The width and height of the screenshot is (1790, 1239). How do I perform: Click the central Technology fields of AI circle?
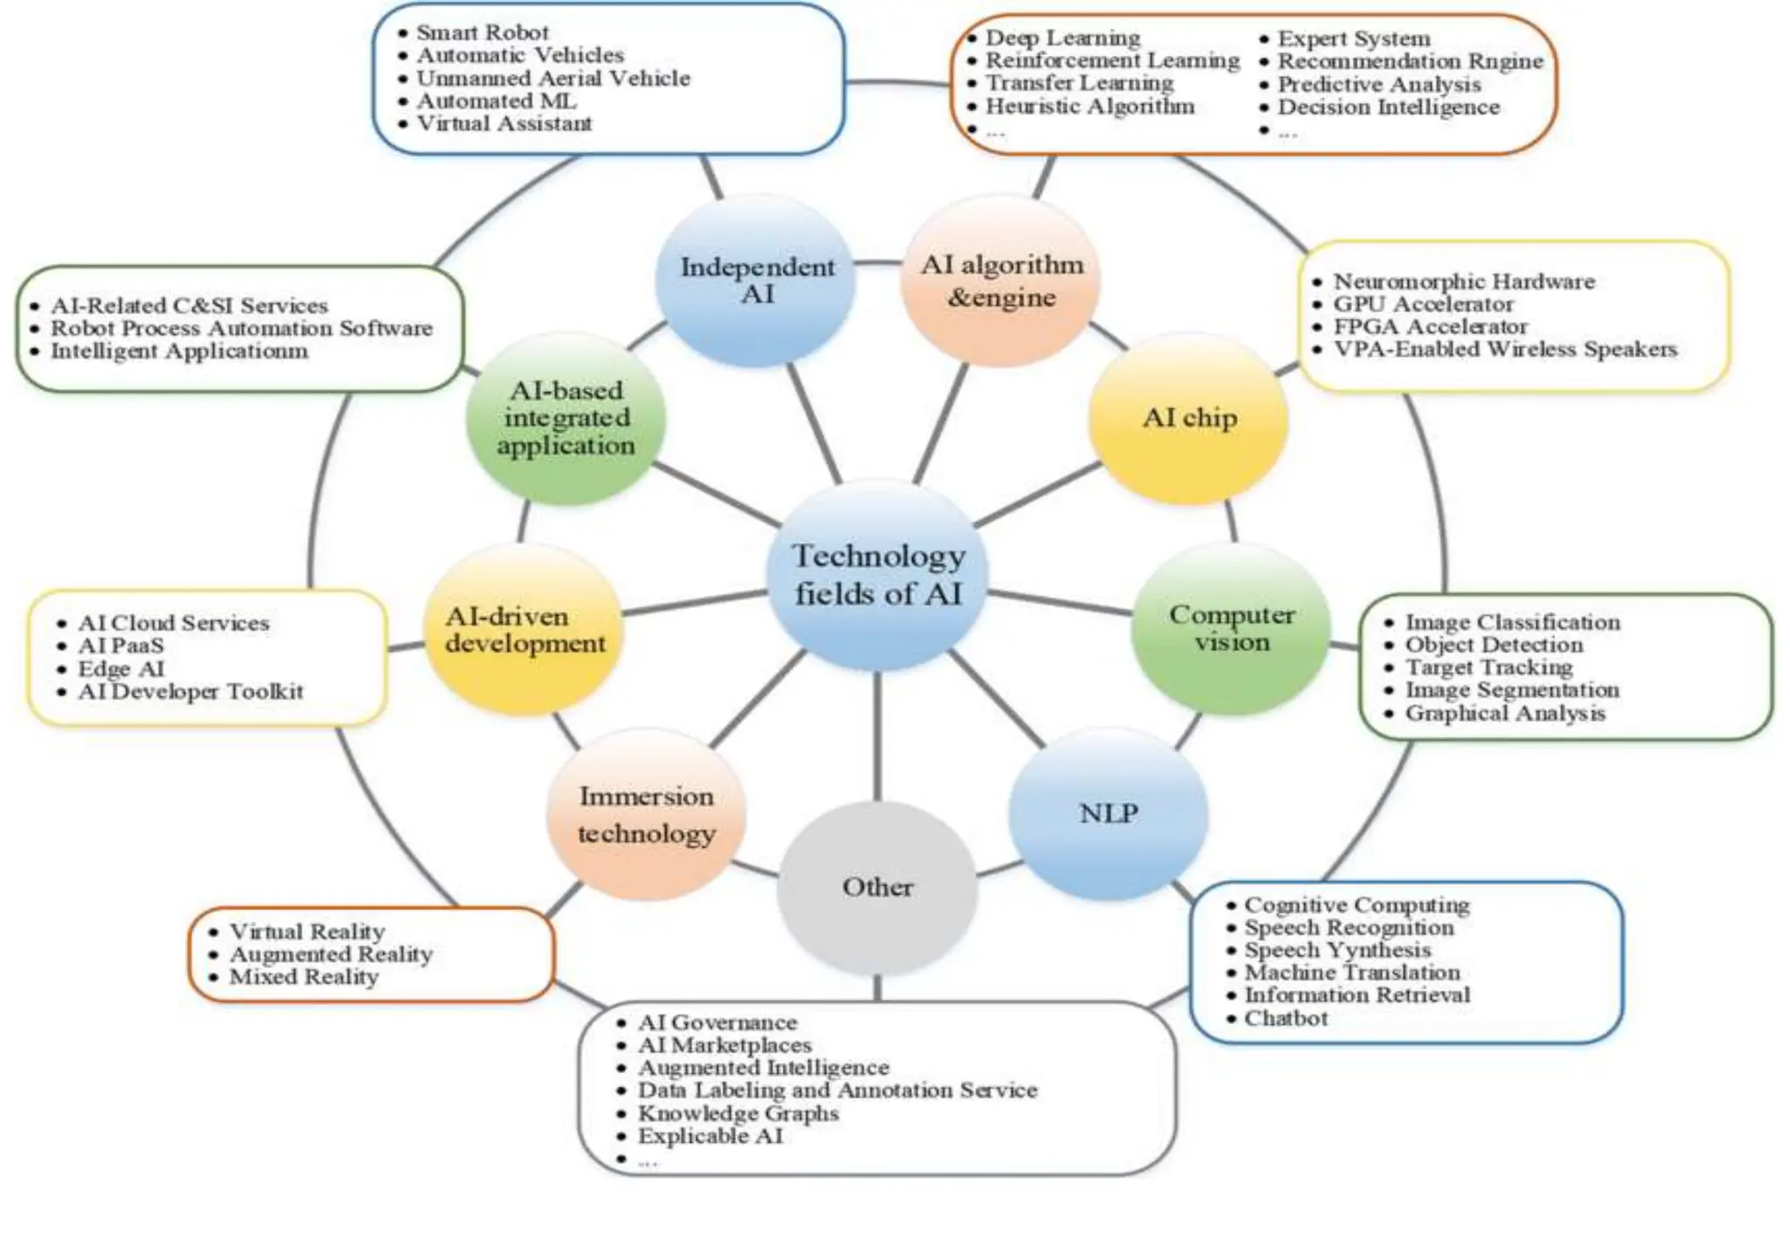coord(878,575)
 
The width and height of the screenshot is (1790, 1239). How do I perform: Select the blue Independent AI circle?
coord(756,280)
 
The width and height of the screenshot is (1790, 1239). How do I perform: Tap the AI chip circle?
coord(1189,419)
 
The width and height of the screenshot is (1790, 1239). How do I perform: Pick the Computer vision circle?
coord(1231,628)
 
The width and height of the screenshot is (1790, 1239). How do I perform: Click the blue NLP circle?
coord(1108,813)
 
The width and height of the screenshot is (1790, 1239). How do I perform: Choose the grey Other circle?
coord(877,887)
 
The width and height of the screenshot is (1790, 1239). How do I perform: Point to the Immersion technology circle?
coord(646,814)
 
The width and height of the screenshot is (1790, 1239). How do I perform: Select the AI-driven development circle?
coord(524,630)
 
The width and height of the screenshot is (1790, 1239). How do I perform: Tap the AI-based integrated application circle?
coord(565,419)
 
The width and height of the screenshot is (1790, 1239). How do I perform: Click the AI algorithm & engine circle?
coord(1001,280)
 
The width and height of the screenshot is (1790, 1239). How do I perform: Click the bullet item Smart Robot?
coord(482,32)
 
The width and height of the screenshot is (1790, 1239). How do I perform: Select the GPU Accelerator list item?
coord(1423,304)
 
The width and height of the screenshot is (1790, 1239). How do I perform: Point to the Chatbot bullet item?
coord(1286,1018)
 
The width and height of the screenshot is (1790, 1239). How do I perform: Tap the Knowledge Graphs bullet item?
coord(738,1113)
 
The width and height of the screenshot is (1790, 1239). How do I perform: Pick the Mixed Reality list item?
coord(304,977)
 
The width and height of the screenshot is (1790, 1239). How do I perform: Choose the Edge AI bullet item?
coord(121,668)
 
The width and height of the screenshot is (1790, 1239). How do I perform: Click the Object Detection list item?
coord(1494,645)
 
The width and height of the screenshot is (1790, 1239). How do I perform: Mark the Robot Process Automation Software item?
coord(241,329)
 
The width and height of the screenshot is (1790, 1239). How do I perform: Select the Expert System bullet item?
coord(1354,38)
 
